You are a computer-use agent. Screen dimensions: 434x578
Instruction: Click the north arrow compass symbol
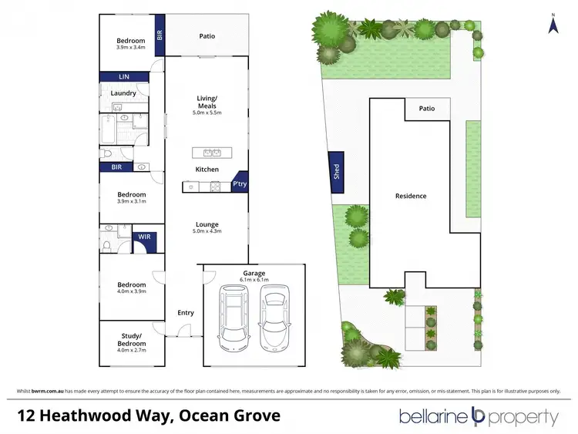(x=553, y=24)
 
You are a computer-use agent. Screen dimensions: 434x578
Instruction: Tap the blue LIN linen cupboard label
(x=123, y=76)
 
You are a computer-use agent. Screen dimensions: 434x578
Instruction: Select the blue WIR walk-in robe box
(x=143, y=237)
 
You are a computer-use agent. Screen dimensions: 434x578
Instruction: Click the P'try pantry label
(x=239, y=185)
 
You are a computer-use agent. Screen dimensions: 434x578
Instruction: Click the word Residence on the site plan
(x=411, y=196)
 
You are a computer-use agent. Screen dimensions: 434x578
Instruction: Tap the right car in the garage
(x=274, y=315)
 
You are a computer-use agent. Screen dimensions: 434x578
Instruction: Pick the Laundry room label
(x=123, y=93)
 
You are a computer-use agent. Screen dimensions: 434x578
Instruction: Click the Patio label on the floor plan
(x=207, y=35)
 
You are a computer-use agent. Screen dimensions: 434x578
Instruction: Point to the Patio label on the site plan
(x=426, y=109)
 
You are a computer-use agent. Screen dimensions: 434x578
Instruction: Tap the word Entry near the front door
(x=186, y=313)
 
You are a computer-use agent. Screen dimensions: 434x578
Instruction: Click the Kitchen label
(x=207, y=170)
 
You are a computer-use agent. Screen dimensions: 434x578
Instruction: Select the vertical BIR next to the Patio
(x=160, y=35)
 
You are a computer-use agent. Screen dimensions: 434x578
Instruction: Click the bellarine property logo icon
(x=477, y=417)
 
